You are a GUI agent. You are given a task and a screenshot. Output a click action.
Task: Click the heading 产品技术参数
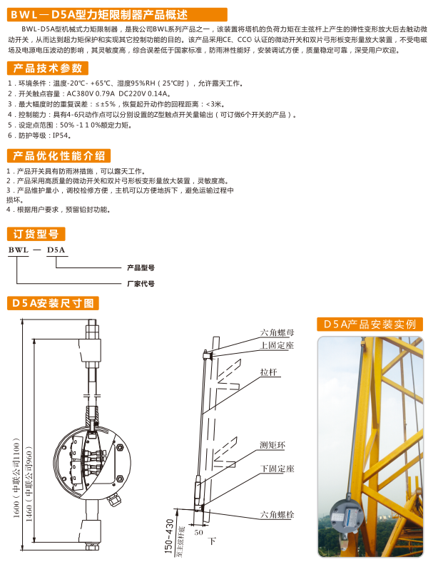point(46,68)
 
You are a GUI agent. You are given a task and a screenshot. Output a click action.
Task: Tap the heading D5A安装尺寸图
point(52,303)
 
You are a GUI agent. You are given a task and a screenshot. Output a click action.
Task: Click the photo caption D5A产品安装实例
point(370,324)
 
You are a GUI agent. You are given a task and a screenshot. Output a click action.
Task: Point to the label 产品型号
point(141,268)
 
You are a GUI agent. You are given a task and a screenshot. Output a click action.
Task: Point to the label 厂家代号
point(141,283)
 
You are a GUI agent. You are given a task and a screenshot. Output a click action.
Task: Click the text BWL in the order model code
point(19,250)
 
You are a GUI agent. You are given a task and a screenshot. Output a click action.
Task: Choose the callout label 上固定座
point(277,345)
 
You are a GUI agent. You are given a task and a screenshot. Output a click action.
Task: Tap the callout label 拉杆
point(268,373)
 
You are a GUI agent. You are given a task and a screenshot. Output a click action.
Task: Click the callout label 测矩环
point(273,445)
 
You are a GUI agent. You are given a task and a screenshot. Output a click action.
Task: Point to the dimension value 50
point(198,532)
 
